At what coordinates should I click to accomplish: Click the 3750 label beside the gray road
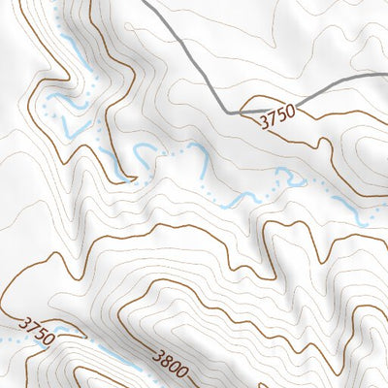(x=276, y=118)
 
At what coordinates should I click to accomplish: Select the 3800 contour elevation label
(x=168, y=364)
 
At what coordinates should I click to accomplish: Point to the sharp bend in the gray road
(x=232, y=113)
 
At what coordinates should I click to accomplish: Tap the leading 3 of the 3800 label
(x=153, y=355)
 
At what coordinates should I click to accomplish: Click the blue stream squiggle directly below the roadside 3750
(x=285, y=178)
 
